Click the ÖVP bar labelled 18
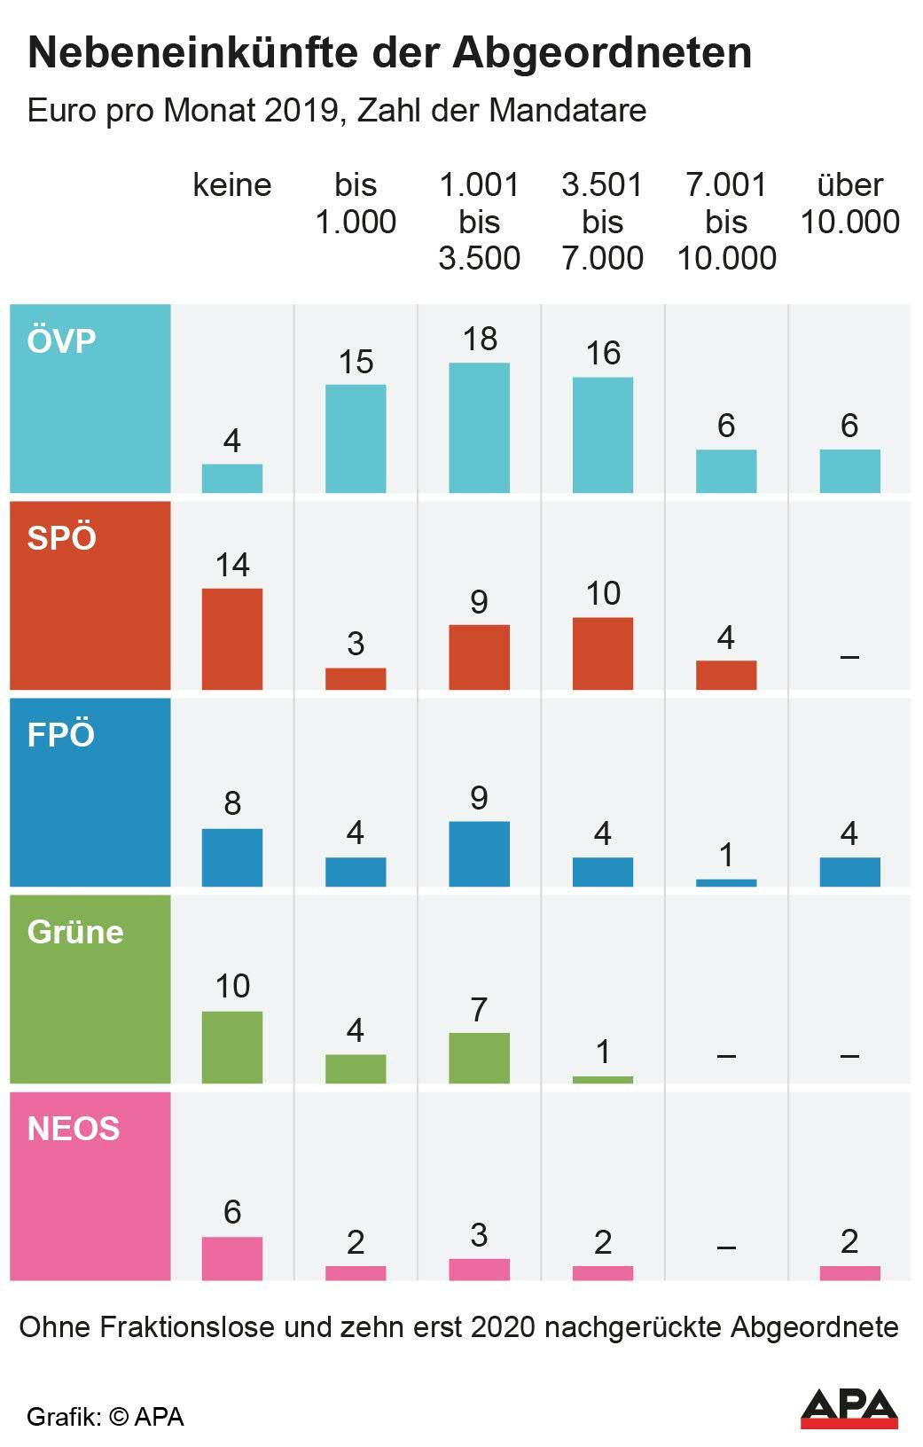click(x=479, y=427)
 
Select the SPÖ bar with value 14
click(x=232, y=638)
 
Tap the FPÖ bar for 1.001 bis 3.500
click(x=479, y=854)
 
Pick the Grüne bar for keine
click(x=232, y=1047)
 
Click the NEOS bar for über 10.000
click(x=849, y=1273)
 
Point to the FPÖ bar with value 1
click(x=726, y=883)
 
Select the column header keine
click(x=232, y=185)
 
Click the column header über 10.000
click(x=849, y=203)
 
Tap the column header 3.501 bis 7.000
click(x=602, y=222)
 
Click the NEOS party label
click(x=74, y=1129)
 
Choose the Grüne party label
click(x=75, y=932)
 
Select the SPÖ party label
click(x=62, y=538)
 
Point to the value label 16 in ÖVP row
click(x=603, y=353)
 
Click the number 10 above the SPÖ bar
click(x=603, y=593)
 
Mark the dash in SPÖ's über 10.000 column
click(x=849, y=657)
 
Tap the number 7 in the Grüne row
click(x=479, y=1010)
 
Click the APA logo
click(x=849, y=1408)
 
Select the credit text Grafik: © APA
click(x=106, y=1417)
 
